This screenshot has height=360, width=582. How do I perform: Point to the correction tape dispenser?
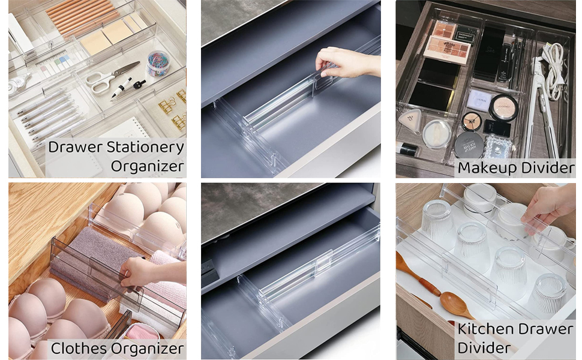[x=18, y=84]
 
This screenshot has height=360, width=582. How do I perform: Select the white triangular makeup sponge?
[x=410, y=120]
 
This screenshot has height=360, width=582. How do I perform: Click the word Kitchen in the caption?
[x=487, y=329]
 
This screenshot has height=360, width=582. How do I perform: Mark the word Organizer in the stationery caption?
[x=147, y=166]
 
